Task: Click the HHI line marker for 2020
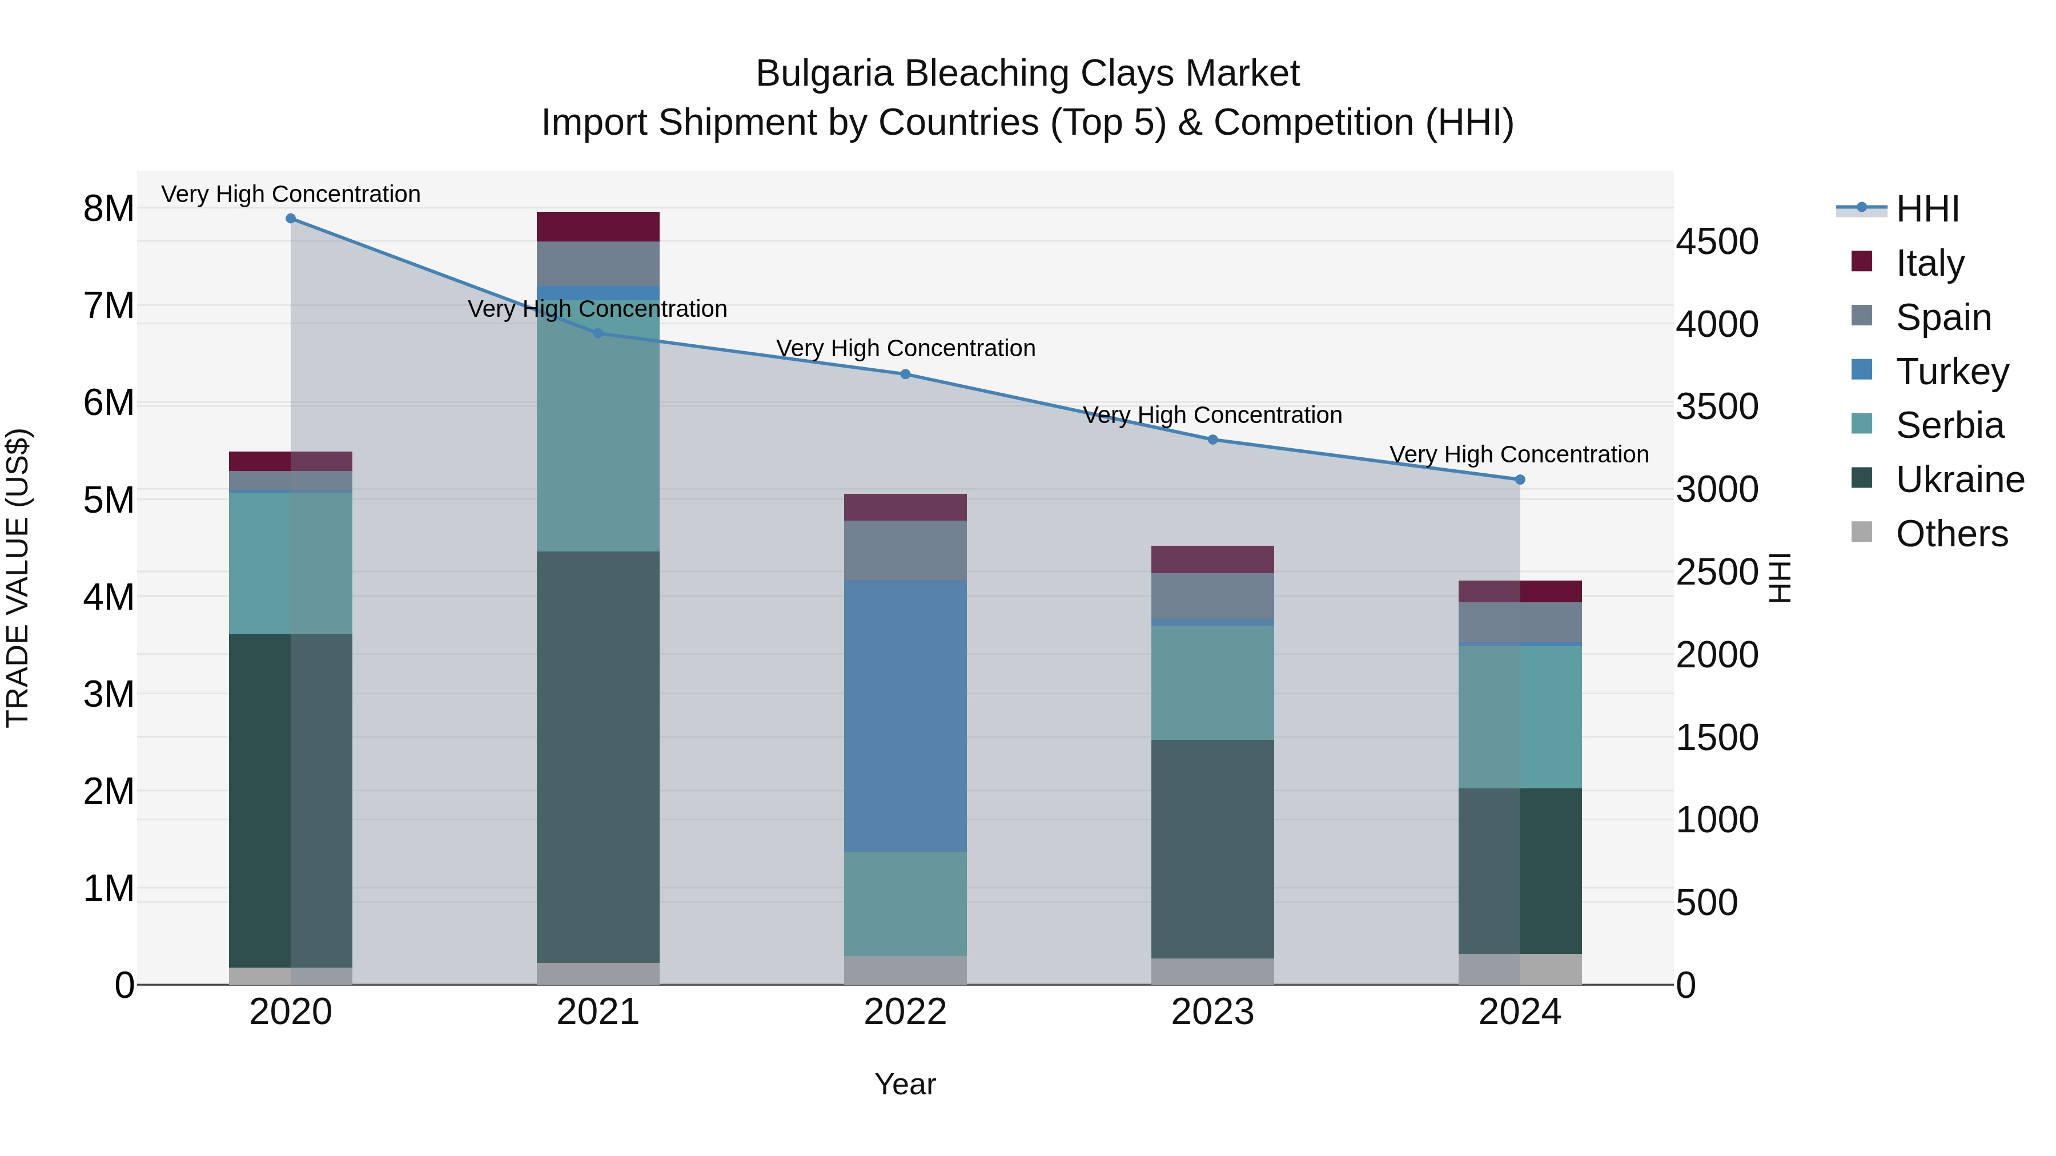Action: pos(291,219)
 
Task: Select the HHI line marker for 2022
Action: pos(905,374)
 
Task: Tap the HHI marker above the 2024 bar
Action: pos(1520,480)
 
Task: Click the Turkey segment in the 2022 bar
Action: pos(905,716)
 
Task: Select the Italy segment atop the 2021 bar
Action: pos(598,227)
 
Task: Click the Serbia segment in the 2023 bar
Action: pos(1212,682)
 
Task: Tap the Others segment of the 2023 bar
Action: pos(1212,971)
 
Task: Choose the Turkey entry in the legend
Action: pos(1951,372)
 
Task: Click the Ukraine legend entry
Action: pos(1959,480)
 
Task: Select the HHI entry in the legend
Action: pos(1927,209)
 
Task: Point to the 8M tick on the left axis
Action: pos(109,209)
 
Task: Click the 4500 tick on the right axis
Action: pos(1717,241)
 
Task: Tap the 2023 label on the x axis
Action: pos(1212,1012)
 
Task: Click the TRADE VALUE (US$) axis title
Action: pos(18,578)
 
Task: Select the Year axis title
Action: pos(905,1084)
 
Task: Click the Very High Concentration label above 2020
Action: pos(291,194)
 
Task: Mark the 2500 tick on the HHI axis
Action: pos(1717,572)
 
